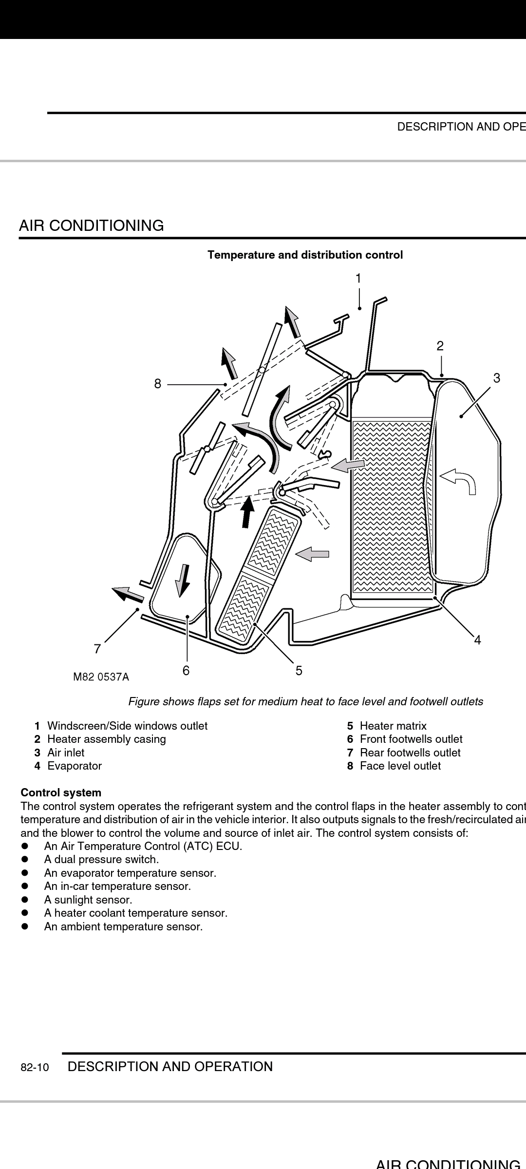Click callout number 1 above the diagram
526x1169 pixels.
358,279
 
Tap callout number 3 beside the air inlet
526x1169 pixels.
496,378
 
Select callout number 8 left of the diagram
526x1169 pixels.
157,384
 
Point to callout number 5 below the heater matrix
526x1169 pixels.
299,671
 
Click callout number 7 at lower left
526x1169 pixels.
97,649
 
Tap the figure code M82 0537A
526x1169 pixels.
101,677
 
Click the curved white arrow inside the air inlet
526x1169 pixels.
459,481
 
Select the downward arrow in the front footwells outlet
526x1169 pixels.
184,580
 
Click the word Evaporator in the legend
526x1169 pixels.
75,766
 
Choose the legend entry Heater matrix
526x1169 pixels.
393,726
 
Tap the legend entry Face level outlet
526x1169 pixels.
400,766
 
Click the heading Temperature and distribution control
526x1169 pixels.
305,255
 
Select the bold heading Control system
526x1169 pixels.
61,792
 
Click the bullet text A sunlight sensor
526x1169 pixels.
88,900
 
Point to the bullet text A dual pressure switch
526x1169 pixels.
101,859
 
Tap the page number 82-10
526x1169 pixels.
35,1068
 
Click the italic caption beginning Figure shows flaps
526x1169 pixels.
305,701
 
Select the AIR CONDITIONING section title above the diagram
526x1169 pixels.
91,226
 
